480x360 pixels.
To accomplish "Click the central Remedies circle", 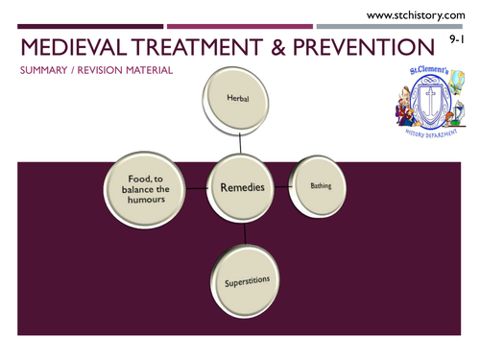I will click(244, 189).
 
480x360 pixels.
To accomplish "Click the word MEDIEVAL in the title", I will click(71, 48).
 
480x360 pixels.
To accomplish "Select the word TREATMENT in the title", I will click(204, 48).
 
